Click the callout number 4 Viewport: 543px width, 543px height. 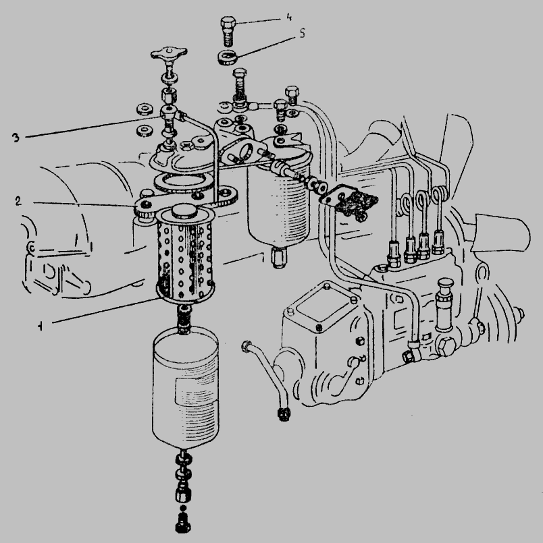289,18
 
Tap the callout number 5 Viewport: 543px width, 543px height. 302,34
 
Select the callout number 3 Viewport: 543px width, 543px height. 16,138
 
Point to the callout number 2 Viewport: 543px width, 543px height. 18,201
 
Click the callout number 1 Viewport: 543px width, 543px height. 41,326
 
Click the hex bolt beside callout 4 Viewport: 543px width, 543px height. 228,32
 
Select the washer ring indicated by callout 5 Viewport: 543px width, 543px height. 227,57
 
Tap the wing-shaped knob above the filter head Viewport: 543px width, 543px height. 169,55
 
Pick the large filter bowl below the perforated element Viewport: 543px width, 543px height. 186,387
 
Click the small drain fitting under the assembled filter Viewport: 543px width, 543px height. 279,258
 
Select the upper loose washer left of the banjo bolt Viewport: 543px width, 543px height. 143,109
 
